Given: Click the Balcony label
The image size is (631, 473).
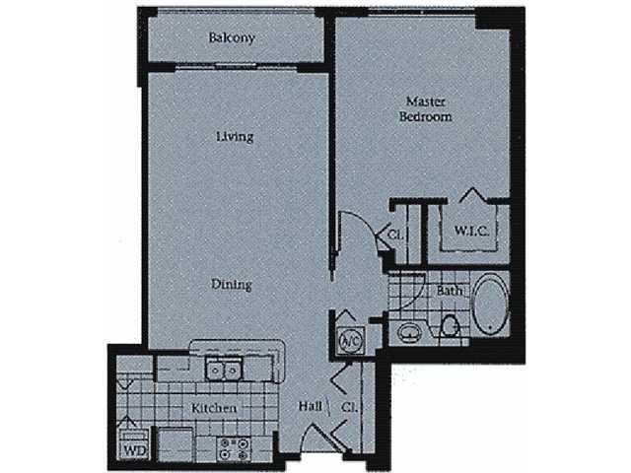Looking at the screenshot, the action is pos(232,38).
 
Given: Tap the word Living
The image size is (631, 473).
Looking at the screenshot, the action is pos(235,137).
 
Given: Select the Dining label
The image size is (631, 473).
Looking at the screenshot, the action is pos(232,285).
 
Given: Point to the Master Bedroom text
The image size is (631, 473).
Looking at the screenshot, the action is pos(425,109).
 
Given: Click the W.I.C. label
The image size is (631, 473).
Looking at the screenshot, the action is pos(471,231).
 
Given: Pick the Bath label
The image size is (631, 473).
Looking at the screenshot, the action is pos(450,291).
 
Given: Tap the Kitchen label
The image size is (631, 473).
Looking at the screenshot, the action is pos(214,408).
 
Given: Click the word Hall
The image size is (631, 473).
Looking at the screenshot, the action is pos(311,406).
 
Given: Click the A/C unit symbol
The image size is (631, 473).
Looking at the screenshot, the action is pos(351,341).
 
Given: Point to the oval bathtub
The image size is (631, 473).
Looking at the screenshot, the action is pos(491,304).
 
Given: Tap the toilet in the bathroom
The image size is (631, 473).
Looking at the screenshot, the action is pos(450,326).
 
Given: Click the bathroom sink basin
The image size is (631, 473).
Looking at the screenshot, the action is pos(409,332).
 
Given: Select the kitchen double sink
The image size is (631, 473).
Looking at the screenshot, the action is pos(224,369).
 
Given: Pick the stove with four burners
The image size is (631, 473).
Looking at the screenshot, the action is pos(234,449).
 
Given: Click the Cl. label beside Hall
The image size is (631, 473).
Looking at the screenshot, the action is pos(349,407).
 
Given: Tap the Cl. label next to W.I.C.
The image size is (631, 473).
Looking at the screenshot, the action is pos(395,235).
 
